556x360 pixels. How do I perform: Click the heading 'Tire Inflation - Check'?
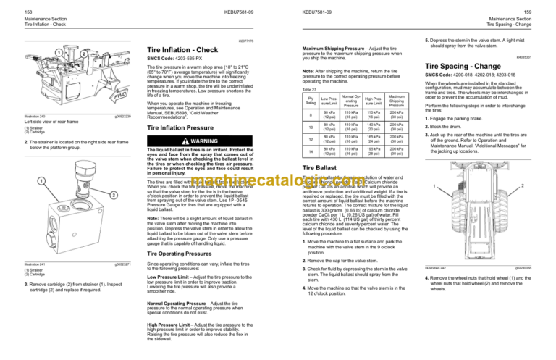(178, 49)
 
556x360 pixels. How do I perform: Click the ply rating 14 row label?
(311, 152)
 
